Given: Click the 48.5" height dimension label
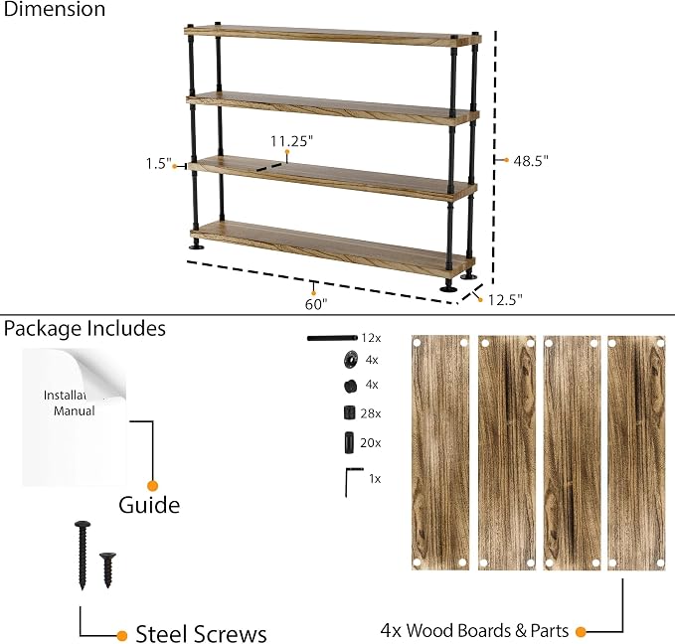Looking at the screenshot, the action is click(x=531, y=161).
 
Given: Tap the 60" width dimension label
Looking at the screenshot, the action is click(x=316, y=304).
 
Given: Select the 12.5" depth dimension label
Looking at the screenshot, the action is click(x=505, y=299).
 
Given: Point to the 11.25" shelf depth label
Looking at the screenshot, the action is click(x=291, y=141).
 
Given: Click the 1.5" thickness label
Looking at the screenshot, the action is click(x=158, y=164).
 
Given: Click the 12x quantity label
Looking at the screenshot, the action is click(x=371, y=338).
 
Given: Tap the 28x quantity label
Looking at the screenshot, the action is click(x=371, y=413).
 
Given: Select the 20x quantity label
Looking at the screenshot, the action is click(x=371, y=443).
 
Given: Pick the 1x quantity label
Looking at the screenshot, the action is click(x=375, y=479).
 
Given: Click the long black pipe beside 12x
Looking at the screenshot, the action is click(x=332, y=338).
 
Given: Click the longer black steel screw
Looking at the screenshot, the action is click(x=83, y=555).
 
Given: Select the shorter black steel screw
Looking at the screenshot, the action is click(x=107, y=569).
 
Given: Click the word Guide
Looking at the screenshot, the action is click(x=149, y=505).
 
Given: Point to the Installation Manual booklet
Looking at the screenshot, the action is click(x=75, y=417).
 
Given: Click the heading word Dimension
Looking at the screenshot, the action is click(x=55, y=9).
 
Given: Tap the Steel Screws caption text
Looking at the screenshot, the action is click(x=201, y=634).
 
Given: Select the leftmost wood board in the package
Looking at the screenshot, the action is click(x=440, y=452).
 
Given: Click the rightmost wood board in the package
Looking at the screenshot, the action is click(x=636, y=452).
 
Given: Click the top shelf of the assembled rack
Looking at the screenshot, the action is click(x=333, y=36).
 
